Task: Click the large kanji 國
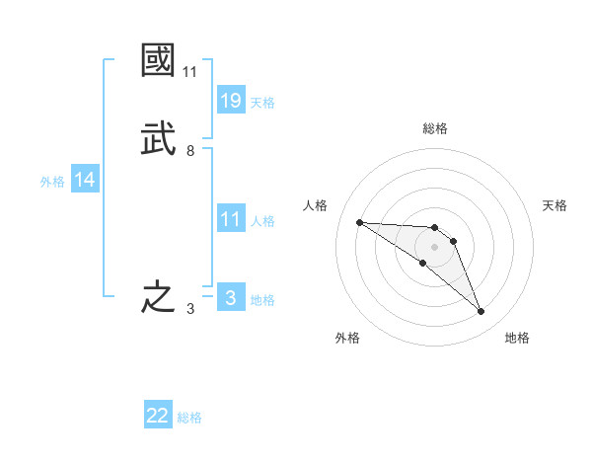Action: pos(159,61)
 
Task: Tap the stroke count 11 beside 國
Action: pos(189,72)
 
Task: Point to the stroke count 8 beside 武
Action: pos(189,151)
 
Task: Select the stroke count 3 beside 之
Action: pos(189,309)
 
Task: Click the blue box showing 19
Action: pos(231,101)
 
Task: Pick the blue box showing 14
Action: pos(85,180)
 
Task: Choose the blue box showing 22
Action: pos(158,417)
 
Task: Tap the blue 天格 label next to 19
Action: pos(262,103)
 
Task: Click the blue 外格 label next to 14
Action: pos(52,182)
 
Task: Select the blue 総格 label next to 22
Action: pos(189,418)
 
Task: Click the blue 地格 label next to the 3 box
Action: pos(262,300)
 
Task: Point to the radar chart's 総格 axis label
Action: pos(434,128)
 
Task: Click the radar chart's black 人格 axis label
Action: pos(316,205)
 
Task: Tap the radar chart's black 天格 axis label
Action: pos(555,205)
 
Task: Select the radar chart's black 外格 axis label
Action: pos(347,338)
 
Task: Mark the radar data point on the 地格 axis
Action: pos(481,312)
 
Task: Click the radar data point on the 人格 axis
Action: pos(359,222)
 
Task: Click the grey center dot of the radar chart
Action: pos(434,247)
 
